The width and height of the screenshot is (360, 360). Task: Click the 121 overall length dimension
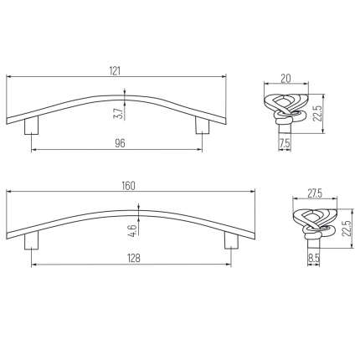115,71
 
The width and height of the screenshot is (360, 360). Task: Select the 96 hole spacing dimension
120,143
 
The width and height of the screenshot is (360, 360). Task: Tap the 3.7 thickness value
118,114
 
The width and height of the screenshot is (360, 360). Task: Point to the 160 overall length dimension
129,186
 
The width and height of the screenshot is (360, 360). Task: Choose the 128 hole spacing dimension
134,259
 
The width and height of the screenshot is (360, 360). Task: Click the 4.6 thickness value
132,231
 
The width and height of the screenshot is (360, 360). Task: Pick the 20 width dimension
285,79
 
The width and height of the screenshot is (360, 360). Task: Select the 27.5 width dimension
315,193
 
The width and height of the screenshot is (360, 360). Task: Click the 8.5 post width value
313,258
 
